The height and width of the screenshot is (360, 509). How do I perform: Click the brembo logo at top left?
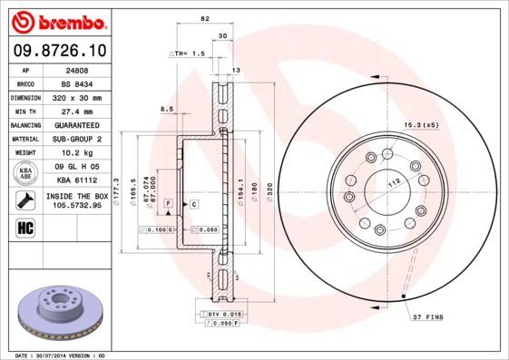[x=57, y=19]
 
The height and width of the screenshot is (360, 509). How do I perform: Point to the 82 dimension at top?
[x=205, y=18]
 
